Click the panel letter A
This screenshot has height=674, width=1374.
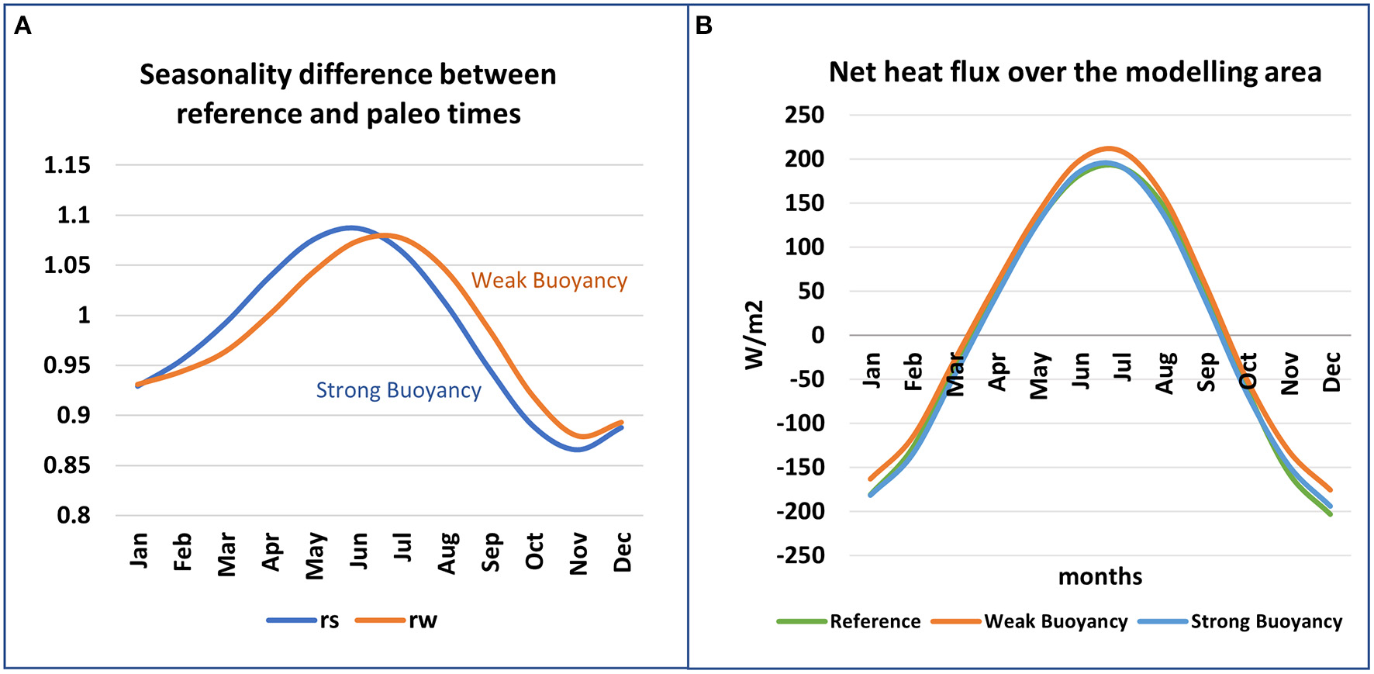click(x=23, y=26)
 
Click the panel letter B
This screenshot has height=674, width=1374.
click(x=703, y=26)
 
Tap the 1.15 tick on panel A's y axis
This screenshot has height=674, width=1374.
click(x=67, y=165)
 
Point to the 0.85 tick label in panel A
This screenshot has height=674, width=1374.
click(x=67, y=465)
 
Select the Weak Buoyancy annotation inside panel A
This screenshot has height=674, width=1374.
click(x=549, y=280)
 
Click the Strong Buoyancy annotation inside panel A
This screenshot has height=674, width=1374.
click(x=399, y=390)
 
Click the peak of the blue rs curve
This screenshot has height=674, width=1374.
click(x=351, y=227)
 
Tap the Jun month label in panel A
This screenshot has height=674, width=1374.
click(x=358, y=552)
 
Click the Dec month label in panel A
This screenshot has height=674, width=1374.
click(x=623, y=552)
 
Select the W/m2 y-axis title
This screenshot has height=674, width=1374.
click(x=754, y=335)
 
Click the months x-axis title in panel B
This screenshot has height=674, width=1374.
click(x=1100, y=577)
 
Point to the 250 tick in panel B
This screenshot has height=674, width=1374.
click(x=804, y=115)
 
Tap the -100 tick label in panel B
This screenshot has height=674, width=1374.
click(x=799, y=423)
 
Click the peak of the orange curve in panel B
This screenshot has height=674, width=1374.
click(x=1110, y=148)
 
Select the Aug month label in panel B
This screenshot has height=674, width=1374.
click(x=1165, y=373)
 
